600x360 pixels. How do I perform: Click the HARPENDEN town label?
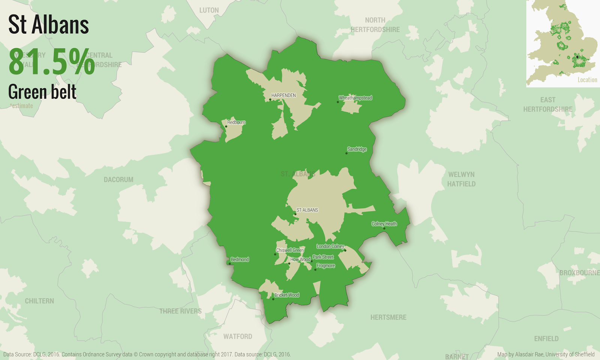(283, 95)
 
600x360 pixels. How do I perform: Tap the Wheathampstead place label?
(355, 98)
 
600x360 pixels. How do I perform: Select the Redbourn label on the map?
(236, 122)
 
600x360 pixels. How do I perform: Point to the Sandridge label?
(357, 149)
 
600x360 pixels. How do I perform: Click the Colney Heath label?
(384, 224)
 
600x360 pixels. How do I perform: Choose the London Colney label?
(330, 246)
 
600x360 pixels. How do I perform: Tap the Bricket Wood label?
(286, 295)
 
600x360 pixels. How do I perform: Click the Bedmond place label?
(240, 259)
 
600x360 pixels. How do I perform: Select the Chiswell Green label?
(290, 250)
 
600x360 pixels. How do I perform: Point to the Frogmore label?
(325, 265)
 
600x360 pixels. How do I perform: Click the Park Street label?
(323, 257)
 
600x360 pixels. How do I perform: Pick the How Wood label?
(300, 259)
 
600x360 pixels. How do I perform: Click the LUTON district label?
(209, 10)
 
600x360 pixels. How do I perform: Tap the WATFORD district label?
(238, 336)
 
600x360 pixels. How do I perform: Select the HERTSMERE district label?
(388, 317)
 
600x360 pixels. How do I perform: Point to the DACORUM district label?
(118, 180)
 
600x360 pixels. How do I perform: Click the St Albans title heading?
(48, 25)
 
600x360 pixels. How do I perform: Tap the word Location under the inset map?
(587, 80)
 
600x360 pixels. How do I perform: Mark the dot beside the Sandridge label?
(346, 153)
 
